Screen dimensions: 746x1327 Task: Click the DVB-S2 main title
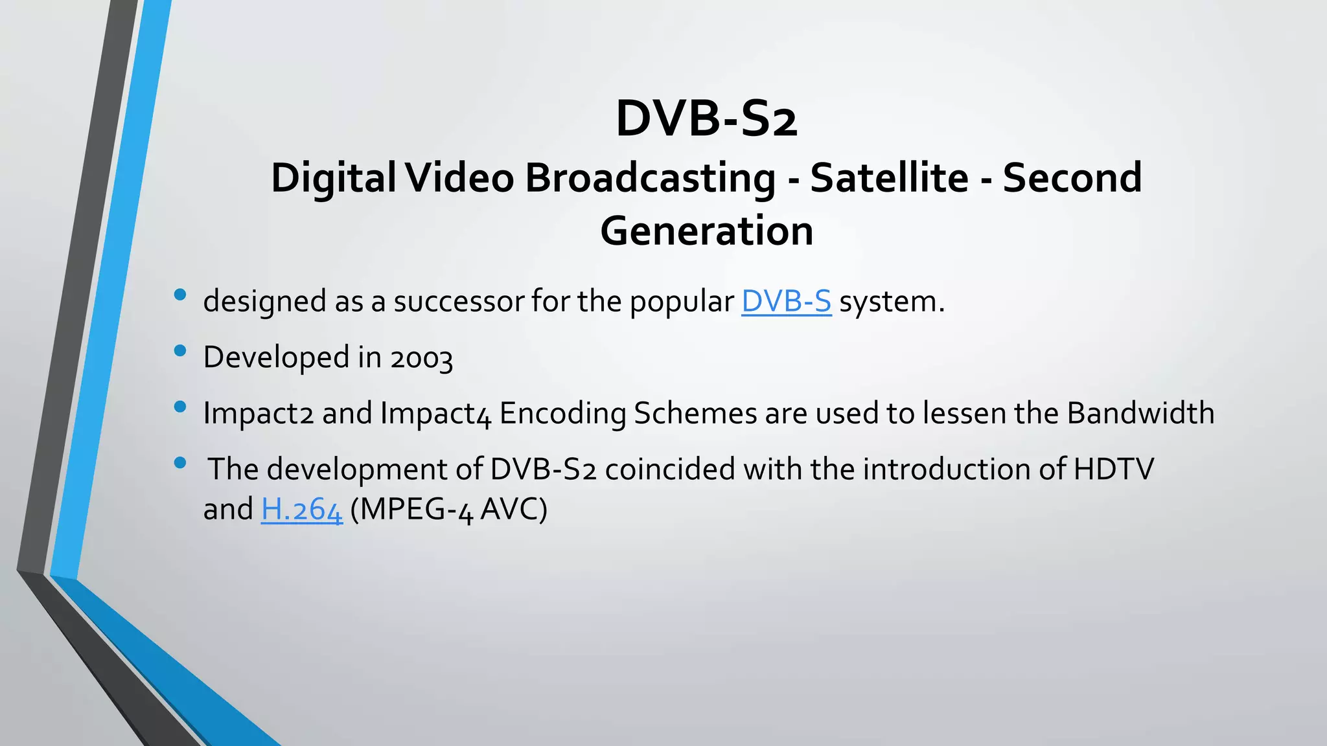706,119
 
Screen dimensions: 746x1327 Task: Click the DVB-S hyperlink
786,302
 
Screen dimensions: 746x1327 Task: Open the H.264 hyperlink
301,510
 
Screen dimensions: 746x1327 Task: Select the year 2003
421,358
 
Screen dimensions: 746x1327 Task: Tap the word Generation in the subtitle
706,231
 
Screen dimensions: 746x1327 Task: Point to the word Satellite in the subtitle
889,178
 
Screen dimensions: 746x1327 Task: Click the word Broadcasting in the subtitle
650,178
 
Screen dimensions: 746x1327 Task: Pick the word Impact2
259,414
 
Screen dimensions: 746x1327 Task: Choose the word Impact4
436,414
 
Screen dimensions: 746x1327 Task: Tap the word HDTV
1113,469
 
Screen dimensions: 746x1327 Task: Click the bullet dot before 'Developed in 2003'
180,351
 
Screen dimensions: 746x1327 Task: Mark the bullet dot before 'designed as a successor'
180,295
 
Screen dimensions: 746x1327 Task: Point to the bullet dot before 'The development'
180,463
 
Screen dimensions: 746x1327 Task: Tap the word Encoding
562,414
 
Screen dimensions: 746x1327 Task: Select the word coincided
670,469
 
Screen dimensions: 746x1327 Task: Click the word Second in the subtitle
1072,178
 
